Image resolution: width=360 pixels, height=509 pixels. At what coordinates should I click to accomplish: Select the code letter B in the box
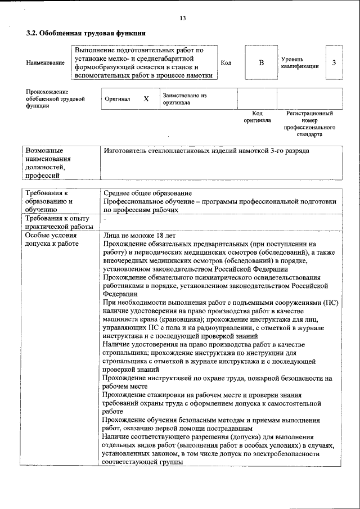261,62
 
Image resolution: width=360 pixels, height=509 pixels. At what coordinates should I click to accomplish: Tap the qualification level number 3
334,62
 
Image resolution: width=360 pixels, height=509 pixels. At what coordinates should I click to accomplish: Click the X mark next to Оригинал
146,99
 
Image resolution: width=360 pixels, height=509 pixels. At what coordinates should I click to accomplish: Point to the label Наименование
45,63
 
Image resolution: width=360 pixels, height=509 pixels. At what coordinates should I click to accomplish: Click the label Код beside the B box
226,62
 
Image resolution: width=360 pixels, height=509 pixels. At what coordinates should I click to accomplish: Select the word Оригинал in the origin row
118,99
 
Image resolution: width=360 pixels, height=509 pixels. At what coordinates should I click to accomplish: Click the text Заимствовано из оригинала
184,99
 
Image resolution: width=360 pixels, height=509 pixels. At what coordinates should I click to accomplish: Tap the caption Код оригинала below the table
258,117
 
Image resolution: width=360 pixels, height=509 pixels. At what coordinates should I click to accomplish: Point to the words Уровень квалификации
300,62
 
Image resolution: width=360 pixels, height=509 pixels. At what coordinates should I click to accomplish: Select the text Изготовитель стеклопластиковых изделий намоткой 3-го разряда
206,151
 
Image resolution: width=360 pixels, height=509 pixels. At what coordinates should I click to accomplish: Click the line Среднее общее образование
148,194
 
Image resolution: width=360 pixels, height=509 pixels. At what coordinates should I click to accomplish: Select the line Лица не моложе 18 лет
132,235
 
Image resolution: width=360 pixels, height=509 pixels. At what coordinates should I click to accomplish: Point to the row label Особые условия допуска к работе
51,239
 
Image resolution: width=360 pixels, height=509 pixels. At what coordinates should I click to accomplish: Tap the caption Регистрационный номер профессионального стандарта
309,124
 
